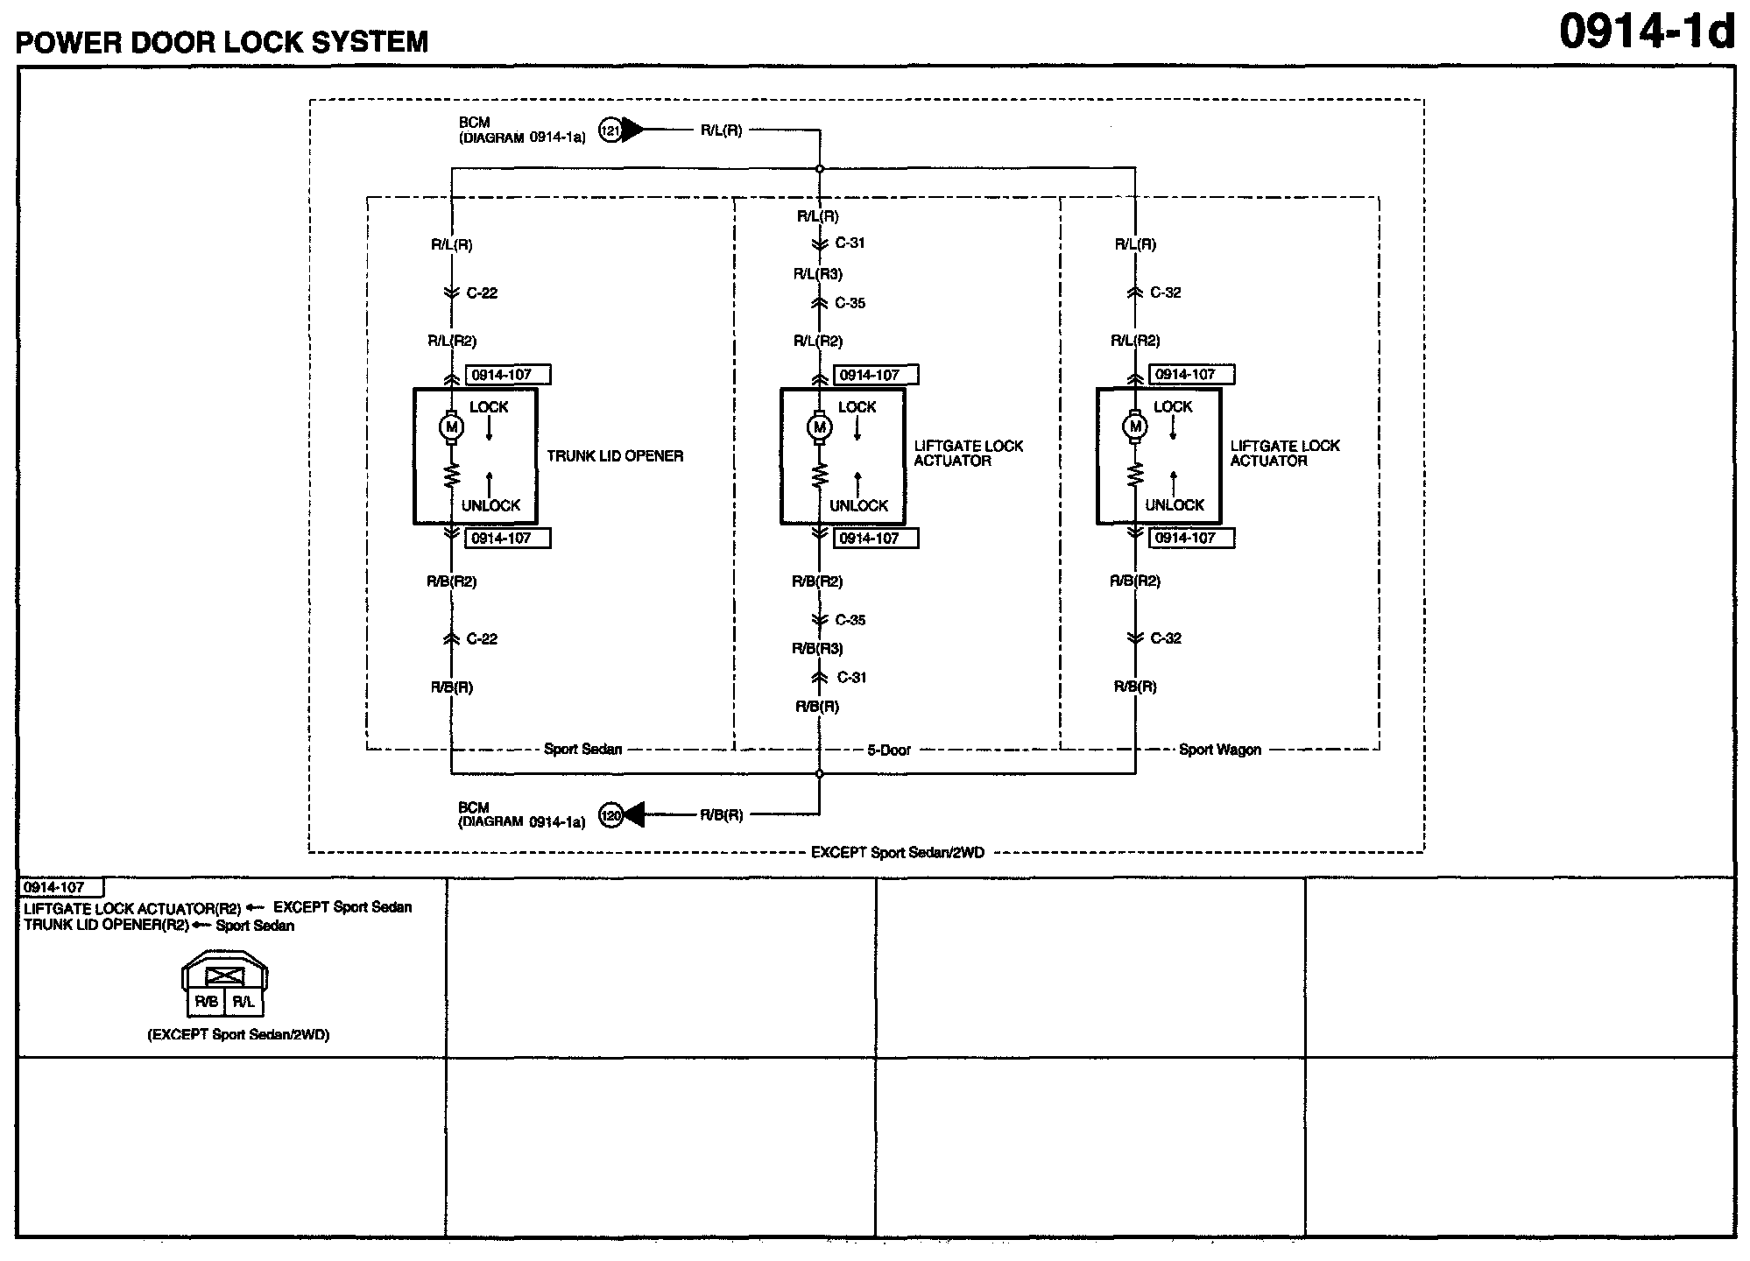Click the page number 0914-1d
1646,32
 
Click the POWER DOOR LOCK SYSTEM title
222,42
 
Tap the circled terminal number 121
610,131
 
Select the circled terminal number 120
610,815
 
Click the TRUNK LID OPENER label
615,456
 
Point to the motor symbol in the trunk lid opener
452,427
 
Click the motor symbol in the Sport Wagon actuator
1135,427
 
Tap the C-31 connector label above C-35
849,243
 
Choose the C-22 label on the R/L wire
482,293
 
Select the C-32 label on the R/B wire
1165,638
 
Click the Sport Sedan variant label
582,750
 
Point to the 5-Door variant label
889,750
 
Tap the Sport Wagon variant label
1219,750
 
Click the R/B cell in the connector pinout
207,1003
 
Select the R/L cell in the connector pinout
243,1003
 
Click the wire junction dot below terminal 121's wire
820,168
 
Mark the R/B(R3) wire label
817,649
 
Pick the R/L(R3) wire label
817,274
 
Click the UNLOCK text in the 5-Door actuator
858,506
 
